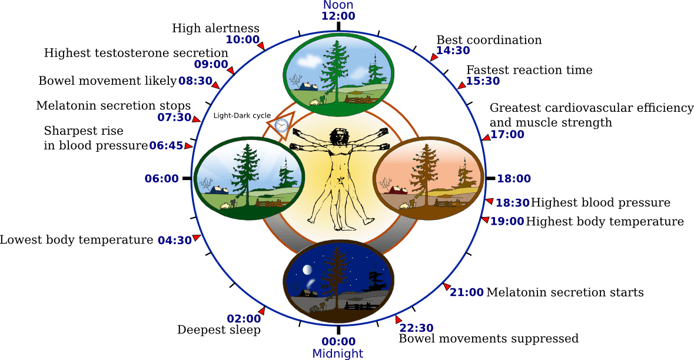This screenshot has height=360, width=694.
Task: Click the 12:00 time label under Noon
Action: tap(338, 16)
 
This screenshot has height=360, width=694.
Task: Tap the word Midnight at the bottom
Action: tap(338, 354)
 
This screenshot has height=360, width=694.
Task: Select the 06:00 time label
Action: tap(161, 178)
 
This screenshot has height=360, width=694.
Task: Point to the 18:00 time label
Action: tap(514, 179)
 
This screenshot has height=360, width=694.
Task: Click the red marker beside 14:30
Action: tap(433, 57)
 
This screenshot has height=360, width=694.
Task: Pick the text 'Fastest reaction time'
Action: tap(529, 70)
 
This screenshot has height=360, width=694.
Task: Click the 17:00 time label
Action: tap(507, 135)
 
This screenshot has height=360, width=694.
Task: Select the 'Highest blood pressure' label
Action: tap(600, 203)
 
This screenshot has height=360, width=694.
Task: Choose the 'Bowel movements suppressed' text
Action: tap(489, 339)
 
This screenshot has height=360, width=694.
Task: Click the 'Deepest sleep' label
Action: tap(218, 330)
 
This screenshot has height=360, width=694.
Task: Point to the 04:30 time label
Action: tap(175, 240)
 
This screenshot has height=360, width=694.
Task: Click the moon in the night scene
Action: tap(307, 269)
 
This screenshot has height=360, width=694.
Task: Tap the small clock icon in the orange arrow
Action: tap(281, 125)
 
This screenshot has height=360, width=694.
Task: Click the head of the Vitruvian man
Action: tap(338, 136)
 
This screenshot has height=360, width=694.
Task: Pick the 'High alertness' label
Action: tap(215, 28)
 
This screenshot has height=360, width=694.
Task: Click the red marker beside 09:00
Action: tap(231, 71)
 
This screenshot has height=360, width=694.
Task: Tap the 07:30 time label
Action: tap(175, 117)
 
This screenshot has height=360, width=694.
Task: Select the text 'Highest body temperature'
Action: tap(605, 222)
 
